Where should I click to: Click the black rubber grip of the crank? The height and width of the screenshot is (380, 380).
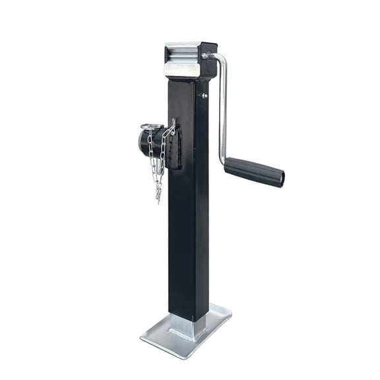coord(253,172)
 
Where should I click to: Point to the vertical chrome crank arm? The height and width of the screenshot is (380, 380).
coord(223,106)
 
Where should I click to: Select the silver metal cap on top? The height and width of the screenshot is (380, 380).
coord(181,60)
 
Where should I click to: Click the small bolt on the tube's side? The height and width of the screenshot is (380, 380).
coord(204,96)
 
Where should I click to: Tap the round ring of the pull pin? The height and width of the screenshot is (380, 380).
coord(151,127)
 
